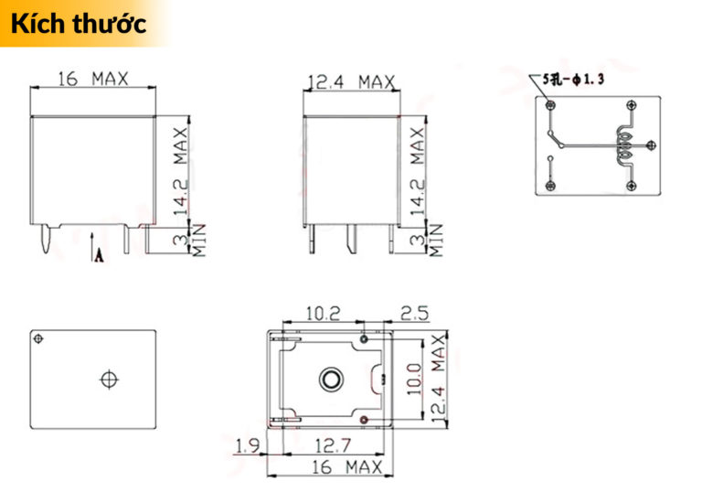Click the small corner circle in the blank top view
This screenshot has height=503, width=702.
pos(38,339)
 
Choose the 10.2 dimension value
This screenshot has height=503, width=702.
pos(322,314)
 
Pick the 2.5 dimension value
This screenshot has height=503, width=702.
pos(414,314)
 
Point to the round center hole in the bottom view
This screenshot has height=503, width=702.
pos(329,378)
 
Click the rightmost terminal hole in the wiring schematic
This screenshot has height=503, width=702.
pos(650,144)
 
